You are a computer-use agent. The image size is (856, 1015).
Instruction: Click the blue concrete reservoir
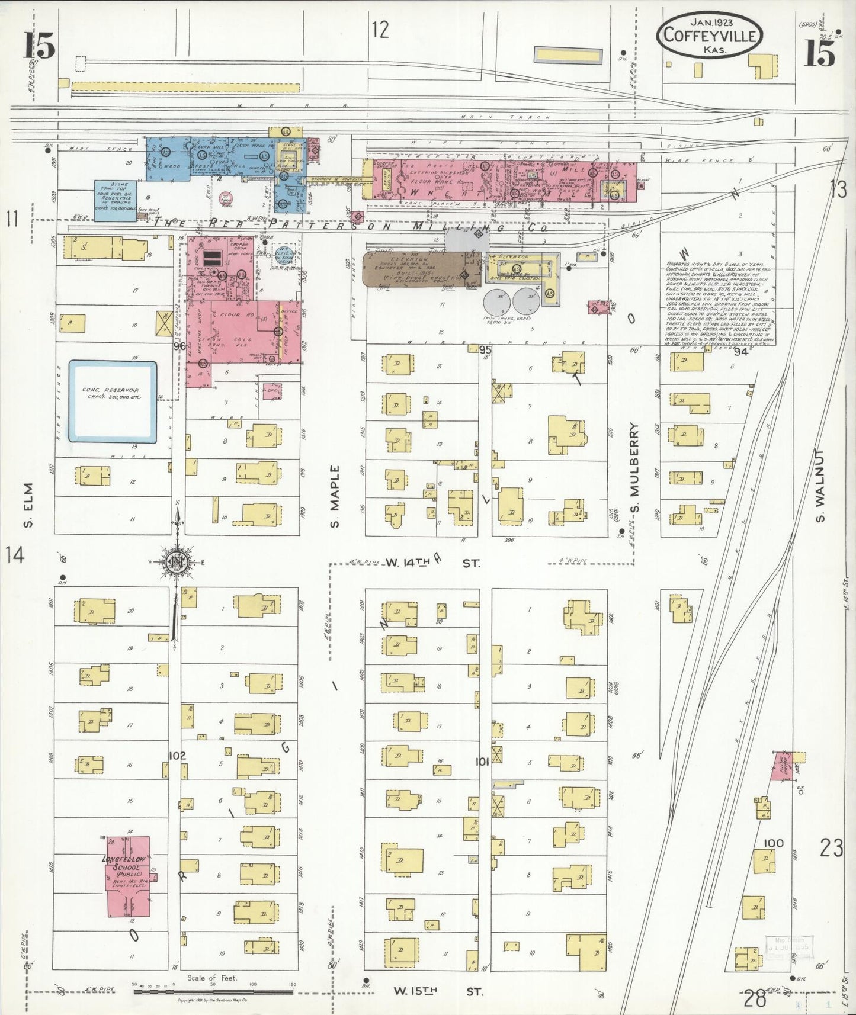click(x=113, y=401)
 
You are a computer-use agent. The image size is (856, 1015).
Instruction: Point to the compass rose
click(x=177, y=563)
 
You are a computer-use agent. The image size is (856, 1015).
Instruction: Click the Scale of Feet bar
click(x=213, y=990)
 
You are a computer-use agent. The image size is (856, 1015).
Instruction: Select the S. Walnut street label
click(x=820, y=485)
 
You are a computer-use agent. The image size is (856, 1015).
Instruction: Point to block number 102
click(x=177, y=756)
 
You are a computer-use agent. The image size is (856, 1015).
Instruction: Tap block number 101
click(x=482, y=763)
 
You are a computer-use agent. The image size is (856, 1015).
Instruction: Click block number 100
click(x=773, y=843)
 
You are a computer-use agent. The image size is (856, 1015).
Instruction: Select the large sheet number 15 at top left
click(x=40, y=46)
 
